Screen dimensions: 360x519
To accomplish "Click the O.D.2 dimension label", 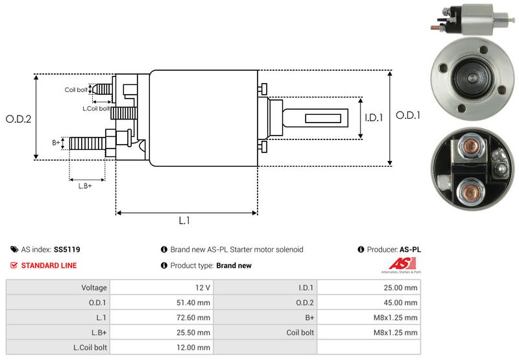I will point(18,119).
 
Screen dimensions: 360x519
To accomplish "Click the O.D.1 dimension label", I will point(409,115).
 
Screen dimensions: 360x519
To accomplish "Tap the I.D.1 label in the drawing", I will point(374,118).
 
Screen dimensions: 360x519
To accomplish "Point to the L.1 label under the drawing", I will point(184,221).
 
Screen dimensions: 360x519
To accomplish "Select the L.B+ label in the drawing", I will point(85,186).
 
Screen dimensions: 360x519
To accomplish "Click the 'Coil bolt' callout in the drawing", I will point(76,90).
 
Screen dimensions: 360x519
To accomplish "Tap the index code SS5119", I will point(67,249).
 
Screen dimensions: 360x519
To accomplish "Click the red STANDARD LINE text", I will point(49,265).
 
